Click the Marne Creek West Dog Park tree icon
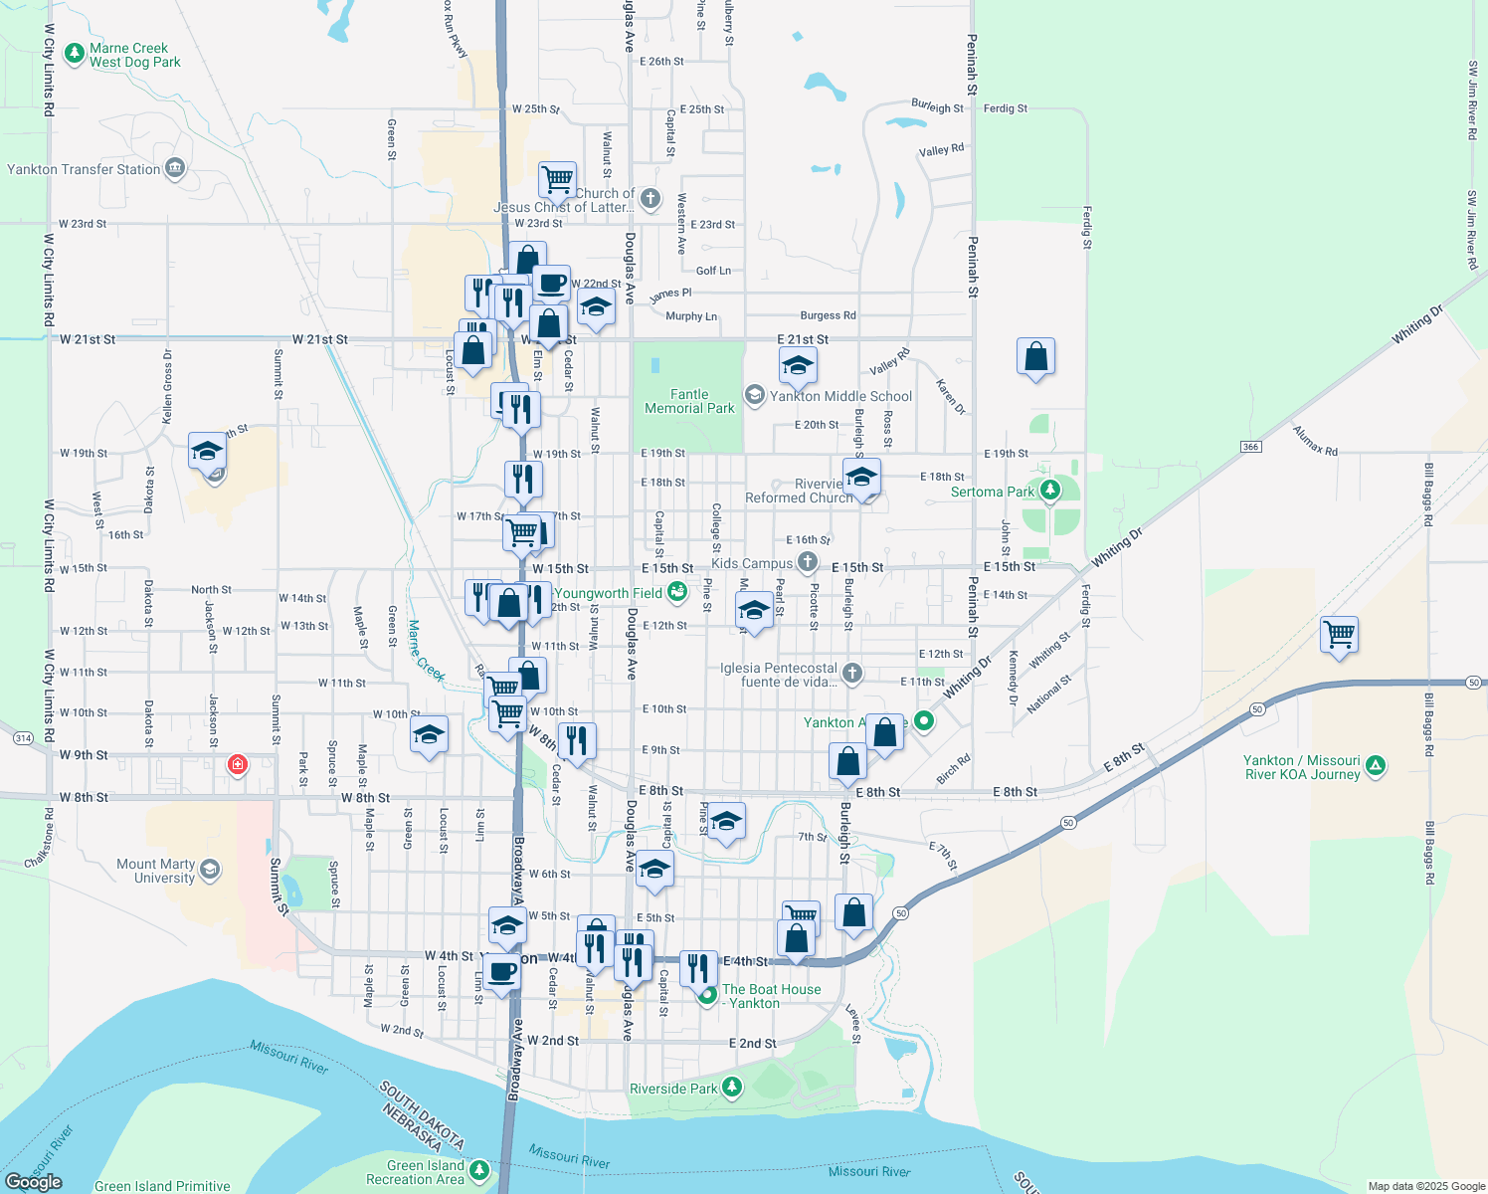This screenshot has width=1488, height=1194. (74, 54)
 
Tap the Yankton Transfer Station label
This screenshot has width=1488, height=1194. (84, 169)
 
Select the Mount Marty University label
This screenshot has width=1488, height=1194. (156, 871)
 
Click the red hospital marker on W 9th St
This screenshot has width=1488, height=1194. (238, 764)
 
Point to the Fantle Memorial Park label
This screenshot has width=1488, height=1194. (689, 401)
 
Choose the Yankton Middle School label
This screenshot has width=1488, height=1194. (840, 396)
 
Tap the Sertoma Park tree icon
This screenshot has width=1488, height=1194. (1050, 491)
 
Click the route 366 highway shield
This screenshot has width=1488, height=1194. (1251, 447)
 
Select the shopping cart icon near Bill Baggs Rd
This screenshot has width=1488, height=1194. (1340, 634)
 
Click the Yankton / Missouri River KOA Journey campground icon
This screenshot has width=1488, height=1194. (1376, 765)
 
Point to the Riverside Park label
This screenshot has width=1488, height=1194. (673, 1089)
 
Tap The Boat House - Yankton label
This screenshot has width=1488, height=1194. (771, 996)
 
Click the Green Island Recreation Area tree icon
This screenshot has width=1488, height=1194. (479, 1169)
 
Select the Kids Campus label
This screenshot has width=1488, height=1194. (752, 563)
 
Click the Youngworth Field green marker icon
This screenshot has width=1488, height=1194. (677, 593)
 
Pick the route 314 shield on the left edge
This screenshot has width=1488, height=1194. (23, 738)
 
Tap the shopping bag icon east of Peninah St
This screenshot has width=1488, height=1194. (1035, 356)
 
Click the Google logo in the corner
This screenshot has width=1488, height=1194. (34, 1182)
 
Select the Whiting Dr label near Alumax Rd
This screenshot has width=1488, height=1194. (1416, 325)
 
